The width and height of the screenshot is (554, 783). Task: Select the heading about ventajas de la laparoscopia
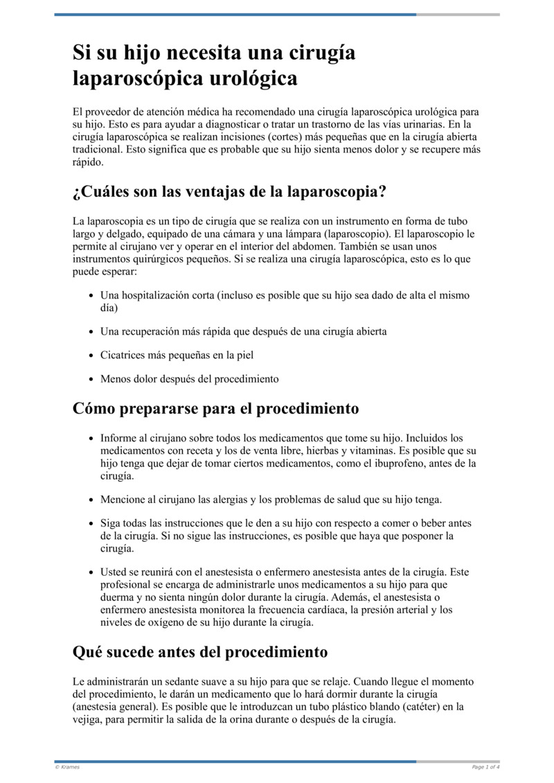tap(229, 192)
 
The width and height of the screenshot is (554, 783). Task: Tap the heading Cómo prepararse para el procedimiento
tap(215, 409)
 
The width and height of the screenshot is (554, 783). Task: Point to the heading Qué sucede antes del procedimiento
tap(200, 652)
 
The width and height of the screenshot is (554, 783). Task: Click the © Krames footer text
tap(67, 767)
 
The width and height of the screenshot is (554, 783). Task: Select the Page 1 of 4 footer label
tap(485, 767)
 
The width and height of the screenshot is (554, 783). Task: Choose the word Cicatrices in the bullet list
tap(123, 355)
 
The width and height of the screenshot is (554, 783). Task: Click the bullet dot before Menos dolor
tap(92, 379)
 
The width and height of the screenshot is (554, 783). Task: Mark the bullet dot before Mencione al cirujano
tap(92, 500)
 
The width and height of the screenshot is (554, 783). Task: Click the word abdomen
tap(310, 247)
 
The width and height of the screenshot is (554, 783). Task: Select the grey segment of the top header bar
tap(458, 14)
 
